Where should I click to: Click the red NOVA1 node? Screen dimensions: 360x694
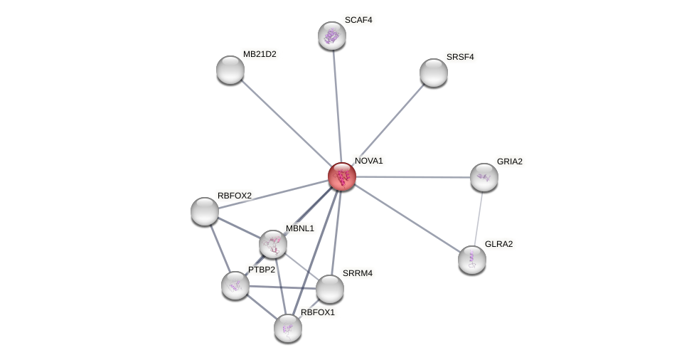click(342, 176)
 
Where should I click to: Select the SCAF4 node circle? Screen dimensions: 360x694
click(332, 36)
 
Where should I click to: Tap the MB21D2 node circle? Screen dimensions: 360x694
click(230, 70)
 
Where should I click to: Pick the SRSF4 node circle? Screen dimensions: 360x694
click(434, 73)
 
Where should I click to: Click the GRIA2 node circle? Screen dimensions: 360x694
click(484, 177)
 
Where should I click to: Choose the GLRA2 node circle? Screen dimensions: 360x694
click(472, 260)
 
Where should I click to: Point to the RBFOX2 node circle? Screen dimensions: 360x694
click(205, 211)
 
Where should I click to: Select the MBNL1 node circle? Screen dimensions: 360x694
click(273, 244)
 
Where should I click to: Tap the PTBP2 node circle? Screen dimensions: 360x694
click(235, 285)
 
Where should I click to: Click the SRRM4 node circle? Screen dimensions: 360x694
click(330, 289)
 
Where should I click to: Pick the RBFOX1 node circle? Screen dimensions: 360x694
click(288, 328)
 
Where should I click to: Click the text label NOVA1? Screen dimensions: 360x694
click(368, 161)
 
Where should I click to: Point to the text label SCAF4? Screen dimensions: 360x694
click(358, 20)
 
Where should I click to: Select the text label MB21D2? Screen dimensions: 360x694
click(260, 54)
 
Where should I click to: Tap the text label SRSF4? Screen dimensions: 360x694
click(460, 57)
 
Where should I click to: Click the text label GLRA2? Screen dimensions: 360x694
click(498, 244)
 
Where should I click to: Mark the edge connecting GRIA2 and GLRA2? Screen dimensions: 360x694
click(479, 217)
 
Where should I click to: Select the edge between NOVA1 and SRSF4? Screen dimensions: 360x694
click(388, 125)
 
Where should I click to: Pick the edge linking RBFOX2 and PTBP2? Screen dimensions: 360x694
click(220, 248)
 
